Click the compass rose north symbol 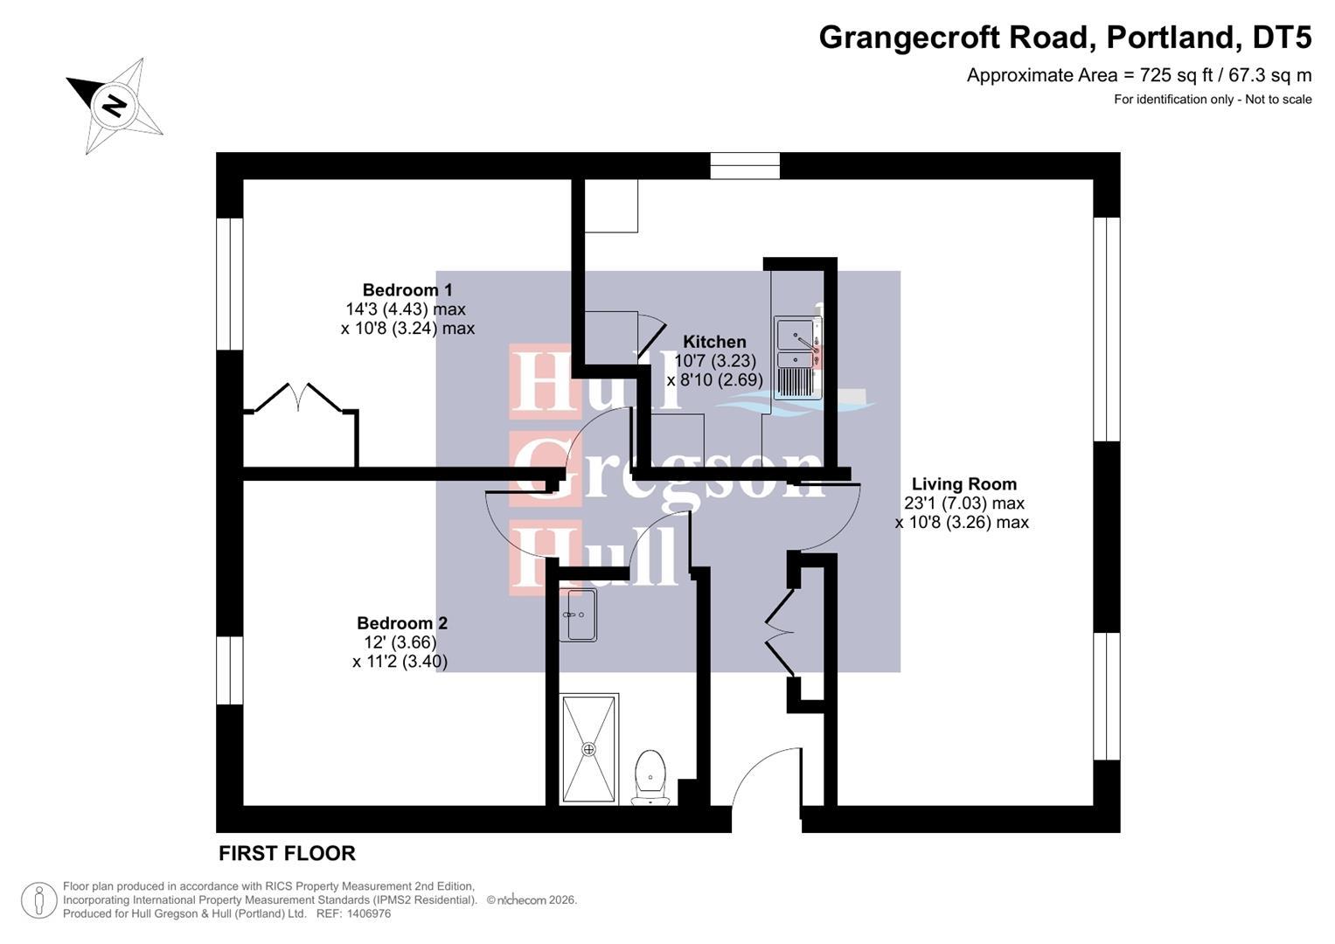coord(114,106)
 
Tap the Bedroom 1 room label coord(407,290)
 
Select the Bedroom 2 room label coord(402,623)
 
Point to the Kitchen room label coord(714,342)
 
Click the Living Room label coord(963,484)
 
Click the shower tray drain coord(588,749)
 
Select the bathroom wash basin coord(577,614)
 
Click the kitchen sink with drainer coord(796,359)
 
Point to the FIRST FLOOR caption coord(287,853)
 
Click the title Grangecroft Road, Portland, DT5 coord(1064,38)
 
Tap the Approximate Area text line coord(1138,75)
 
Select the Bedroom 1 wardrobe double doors coord(298,398)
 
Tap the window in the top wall coord(745,165)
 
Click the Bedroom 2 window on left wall coord(229,670)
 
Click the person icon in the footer coord(39,899)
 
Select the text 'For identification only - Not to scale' coord(1212,100)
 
